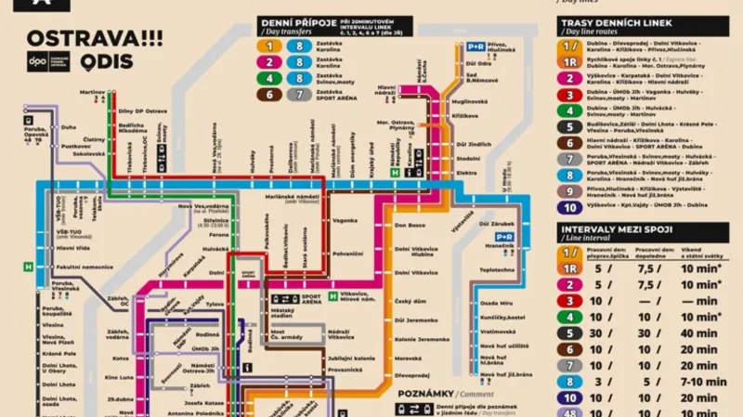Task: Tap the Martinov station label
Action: pos(91,92)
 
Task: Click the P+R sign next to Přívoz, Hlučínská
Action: pos(476,46)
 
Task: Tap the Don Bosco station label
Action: pos(410,225)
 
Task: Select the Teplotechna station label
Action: pos(497,269)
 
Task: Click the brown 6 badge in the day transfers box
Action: pos(271,95)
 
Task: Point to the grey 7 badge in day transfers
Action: pos(298,95)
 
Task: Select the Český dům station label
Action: pos(410,301)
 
